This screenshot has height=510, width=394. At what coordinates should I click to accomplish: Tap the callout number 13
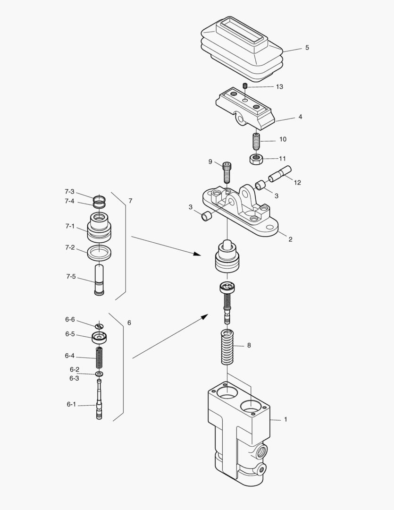(x=280, y=87)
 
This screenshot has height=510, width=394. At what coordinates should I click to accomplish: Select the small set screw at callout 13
(x=245, y=85)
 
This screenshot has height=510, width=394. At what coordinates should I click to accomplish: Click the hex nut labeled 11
(x=255, y=159)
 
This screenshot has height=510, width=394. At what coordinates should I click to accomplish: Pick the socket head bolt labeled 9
(x=227, y=171)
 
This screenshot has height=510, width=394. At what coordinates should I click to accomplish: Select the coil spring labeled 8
(x=228, y=347)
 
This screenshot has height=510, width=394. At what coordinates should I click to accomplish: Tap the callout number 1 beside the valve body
(x=285, y=419)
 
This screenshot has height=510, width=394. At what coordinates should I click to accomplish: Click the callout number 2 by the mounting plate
(x=290, y=239)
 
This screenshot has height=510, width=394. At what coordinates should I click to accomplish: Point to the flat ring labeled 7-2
(x=99, y=252)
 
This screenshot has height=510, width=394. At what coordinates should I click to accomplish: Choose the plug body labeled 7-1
(x=99, y=227)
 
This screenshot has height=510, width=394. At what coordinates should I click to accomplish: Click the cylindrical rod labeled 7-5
(x=99, y=280)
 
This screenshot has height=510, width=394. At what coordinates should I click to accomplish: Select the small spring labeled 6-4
(x=99, y=358)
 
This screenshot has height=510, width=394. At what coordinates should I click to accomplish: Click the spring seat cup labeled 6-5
(x=99, y=338)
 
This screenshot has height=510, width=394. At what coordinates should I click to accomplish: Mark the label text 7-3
(x=69, y=192)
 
